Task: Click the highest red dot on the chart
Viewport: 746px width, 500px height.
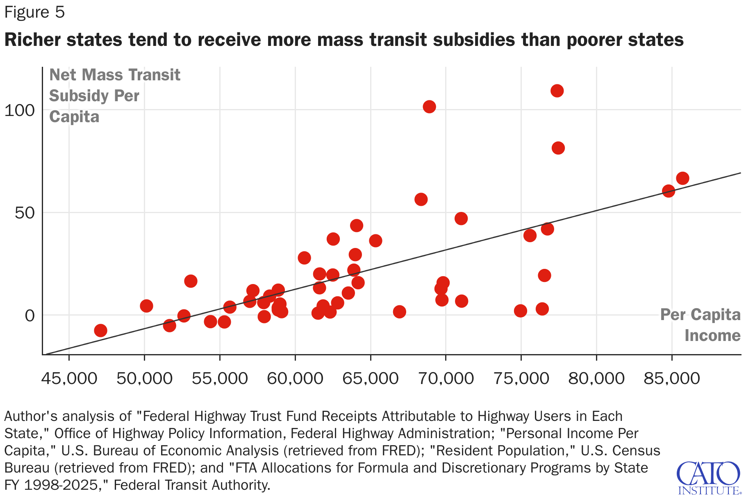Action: [x=557, y=91]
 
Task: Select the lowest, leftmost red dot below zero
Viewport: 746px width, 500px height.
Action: [x=100, y=330]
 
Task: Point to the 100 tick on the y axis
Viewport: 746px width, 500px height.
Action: [x=19, y=110]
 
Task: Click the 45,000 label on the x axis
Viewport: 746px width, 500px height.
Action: [x=69, y=378]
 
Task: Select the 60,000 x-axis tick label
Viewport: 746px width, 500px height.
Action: [x=295, y=378]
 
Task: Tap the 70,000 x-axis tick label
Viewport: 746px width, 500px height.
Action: [x=446, y=378]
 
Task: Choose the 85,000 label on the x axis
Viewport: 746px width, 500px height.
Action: [x=672, y=378]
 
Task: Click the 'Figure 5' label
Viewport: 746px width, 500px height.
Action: [x=34, y=12]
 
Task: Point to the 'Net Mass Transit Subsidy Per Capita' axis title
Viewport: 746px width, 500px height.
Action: [x=114, y=96]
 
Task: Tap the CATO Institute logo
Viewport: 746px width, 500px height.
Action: [x=708, y=478]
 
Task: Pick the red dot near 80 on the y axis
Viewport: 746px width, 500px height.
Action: [x=558, y=148]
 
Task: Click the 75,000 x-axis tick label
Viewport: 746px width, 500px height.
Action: [x=521, y=378]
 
